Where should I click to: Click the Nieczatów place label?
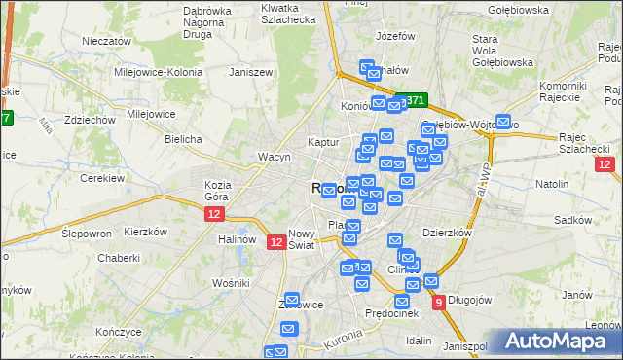[x=107, y=42]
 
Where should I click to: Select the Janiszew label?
[x=248, y=72]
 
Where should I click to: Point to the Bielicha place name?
[x=183, y=139]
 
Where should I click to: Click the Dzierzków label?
[x=448, y=234]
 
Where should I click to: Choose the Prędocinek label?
[x=390, y=313]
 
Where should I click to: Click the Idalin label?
[x=419, y=341]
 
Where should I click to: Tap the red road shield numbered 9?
[x=439, y=303]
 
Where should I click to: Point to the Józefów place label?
[x=395, y=36]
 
